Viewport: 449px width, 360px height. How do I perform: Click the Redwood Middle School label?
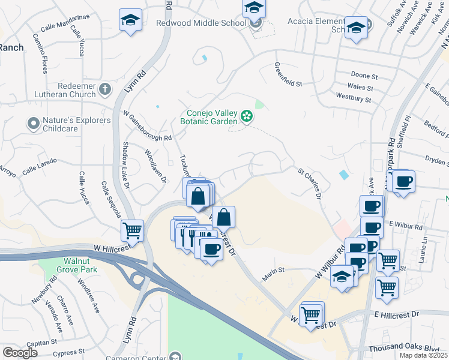[x=201, y=23]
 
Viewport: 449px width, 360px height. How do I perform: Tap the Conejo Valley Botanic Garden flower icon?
[x=246, y=116]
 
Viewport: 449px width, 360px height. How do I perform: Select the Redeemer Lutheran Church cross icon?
[x=105, y=90]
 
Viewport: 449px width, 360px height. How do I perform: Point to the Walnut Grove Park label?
[x=80, y=265]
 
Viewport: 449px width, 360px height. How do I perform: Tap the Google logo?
[x=20, y=352]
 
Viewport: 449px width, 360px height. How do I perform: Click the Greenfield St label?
[x=288, y=76]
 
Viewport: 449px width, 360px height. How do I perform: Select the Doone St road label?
[x=364, y=77]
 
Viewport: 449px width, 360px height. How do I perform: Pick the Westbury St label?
[x=354, y=96]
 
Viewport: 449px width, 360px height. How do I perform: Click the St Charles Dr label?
[x=310, y=184]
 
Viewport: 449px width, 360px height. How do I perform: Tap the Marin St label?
[x=273, y=274]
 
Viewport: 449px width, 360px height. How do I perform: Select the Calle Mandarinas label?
[x=65, y=29]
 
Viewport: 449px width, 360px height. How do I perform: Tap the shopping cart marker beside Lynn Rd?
[x=132, y=229]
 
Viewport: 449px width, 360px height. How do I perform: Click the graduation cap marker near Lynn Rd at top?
[x=130, y=19]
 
